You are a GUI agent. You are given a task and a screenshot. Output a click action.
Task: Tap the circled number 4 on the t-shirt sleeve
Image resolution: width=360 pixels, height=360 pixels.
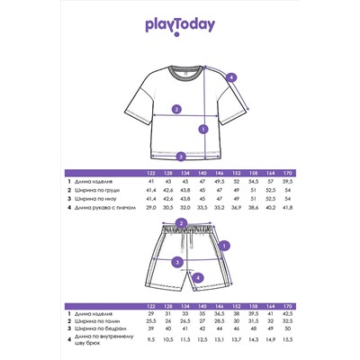click(231, 78)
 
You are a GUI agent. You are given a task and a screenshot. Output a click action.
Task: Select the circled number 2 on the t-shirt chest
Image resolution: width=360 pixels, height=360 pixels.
click(176, 110)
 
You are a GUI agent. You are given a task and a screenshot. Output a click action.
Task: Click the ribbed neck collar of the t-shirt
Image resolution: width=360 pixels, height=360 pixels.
click(180, 69)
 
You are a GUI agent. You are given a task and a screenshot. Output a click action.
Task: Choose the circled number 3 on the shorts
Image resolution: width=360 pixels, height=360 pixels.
click(177, 262)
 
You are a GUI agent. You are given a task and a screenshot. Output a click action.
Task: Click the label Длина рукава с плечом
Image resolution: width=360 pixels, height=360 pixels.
click(103, 207)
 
